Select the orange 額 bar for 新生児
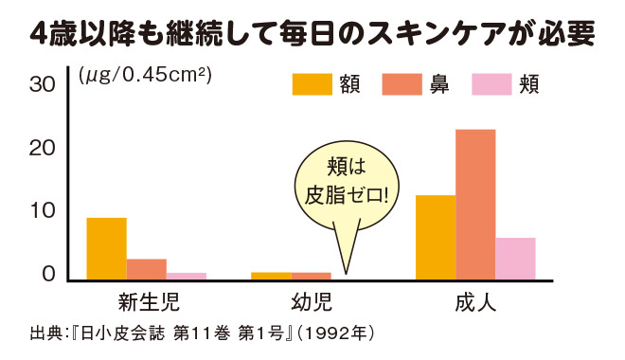106,248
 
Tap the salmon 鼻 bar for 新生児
147,268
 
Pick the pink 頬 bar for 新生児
187,276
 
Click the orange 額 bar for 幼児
271,276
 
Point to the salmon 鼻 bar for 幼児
311,276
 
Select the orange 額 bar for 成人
436,237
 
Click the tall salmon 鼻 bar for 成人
475,204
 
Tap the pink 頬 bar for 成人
515,258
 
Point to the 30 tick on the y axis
43,85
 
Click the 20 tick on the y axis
43,149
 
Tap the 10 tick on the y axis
43,211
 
